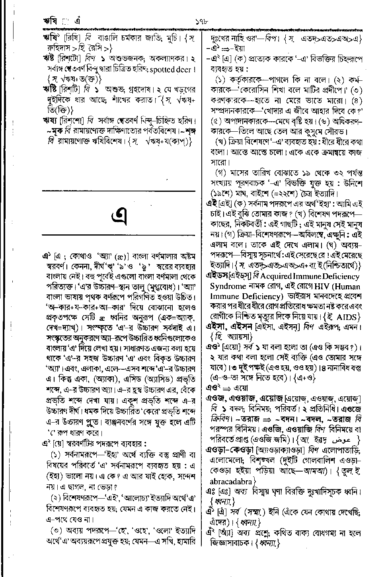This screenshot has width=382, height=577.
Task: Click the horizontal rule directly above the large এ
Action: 118,191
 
